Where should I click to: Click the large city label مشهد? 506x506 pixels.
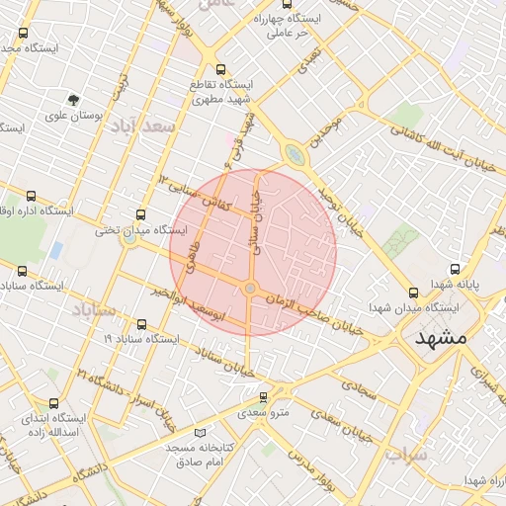[440, 337]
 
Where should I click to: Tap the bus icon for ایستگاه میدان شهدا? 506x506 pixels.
[414, 292]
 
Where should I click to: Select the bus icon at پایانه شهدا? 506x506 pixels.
[455, 269]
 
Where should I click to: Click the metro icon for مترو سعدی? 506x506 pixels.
[263, 397]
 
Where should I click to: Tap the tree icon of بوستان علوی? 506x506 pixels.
[74, 99]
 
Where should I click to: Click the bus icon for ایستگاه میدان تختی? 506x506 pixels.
[139, 215]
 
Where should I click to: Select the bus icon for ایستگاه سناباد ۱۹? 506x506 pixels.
[140, 323]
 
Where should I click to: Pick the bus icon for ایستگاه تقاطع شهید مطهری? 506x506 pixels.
[219, 70]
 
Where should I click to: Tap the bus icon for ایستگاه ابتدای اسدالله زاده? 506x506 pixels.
[53, 403]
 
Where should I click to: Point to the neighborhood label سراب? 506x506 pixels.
[406, 456]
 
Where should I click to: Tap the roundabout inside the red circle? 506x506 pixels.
[251, 288]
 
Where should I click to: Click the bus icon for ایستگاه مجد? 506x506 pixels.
[23, 33]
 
